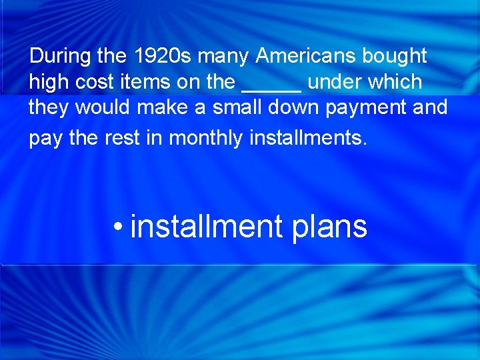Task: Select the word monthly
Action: [x=206, y=138]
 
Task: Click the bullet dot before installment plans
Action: [x=117, y=227]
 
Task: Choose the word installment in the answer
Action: [x=207, y=227]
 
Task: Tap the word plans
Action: [x=330, y=227]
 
